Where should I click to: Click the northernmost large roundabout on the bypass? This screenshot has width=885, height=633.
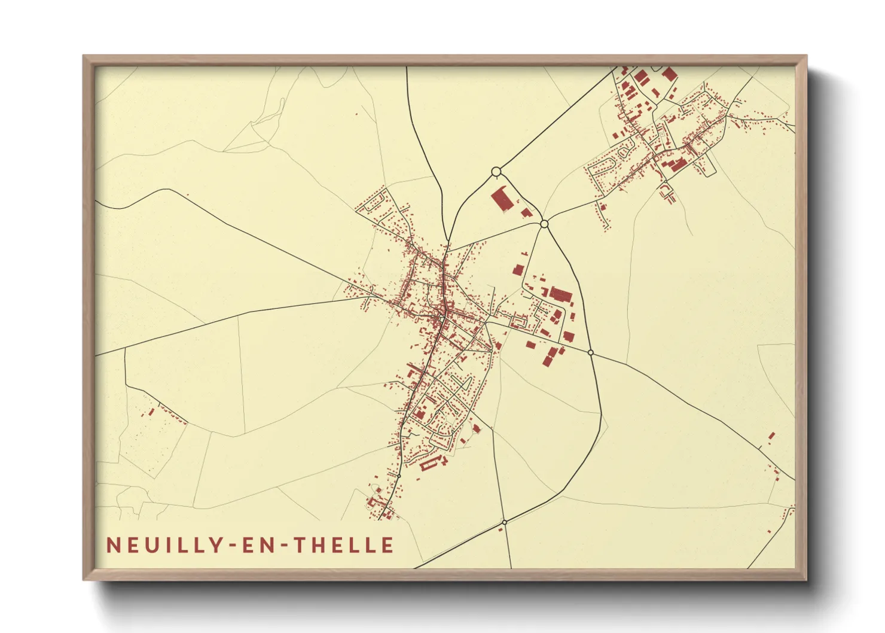(496, 172)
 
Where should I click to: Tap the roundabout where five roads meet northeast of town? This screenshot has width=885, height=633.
(544, 224)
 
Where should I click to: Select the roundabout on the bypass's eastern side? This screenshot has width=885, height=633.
(591, 353)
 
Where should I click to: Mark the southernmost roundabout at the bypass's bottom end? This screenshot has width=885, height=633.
(505, 522)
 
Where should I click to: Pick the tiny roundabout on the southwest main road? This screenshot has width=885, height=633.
(398, 476)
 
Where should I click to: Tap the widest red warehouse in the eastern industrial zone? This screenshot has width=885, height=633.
(561, 294)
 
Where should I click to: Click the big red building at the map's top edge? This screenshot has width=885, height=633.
(669, 74)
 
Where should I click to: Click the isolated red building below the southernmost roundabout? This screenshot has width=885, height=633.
(501, 529)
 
